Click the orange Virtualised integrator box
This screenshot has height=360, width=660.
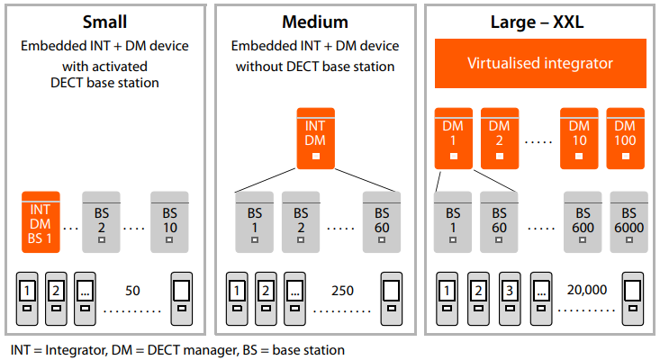[540, 63]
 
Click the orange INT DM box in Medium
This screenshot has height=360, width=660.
[315, 138]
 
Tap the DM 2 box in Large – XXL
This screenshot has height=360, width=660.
[499, 138]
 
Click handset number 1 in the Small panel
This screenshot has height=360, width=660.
[28, 298]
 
